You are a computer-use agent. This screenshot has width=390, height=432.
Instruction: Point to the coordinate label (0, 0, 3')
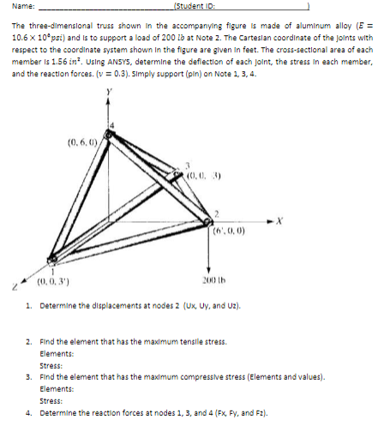click(54, 279)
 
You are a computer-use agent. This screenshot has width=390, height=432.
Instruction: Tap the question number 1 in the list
click(29, 304)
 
